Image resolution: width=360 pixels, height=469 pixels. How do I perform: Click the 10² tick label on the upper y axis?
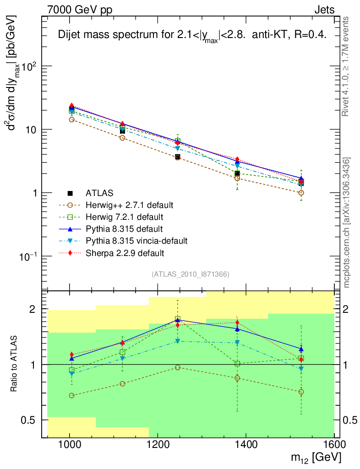pos(28,66)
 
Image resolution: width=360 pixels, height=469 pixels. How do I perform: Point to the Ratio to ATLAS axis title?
pos(14,365)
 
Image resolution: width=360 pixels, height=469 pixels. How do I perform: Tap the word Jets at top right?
pos(324,10)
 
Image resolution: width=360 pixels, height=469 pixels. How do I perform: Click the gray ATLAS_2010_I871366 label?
pos(191,274)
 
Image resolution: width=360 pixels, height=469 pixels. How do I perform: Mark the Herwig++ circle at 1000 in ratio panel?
pos(71,395)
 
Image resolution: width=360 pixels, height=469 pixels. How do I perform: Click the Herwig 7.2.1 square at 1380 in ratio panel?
pos(237,364)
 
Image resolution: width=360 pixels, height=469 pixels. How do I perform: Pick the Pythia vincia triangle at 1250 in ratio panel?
pos(177,341)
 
